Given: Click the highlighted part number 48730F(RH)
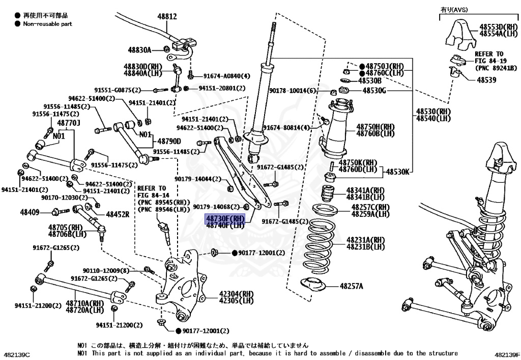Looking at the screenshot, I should (225, 218).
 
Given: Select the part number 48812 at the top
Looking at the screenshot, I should (167, 16).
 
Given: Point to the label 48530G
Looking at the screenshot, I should (374, 91).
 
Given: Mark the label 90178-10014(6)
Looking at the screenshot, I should (293, 91).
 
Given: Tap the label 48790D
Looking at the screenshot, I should (169, 141).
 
